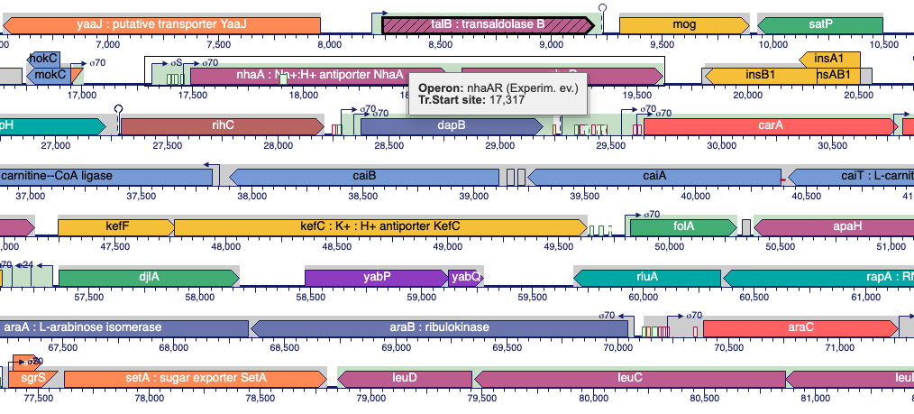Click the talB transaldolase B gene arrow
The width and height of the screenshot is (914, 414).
487,25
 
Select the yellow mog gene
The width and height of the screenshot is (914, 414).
683,25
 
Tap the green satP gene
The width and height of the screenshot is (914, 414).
820,25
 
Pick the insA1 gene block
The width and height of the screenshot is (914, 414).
829,59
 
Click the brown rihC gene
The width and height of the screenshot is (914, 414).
221,125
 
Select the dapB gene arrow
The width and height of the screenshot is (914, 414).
451,125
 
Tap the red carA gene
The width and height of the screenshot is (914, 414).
771,125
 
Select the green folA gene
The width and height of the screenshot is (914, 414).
684,225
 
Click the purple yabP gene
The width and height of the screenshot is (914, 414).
376,277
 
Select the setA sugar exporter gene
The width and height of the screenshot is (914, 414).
191,377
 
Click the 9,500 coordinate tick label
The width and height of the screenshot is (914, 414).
663,42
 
